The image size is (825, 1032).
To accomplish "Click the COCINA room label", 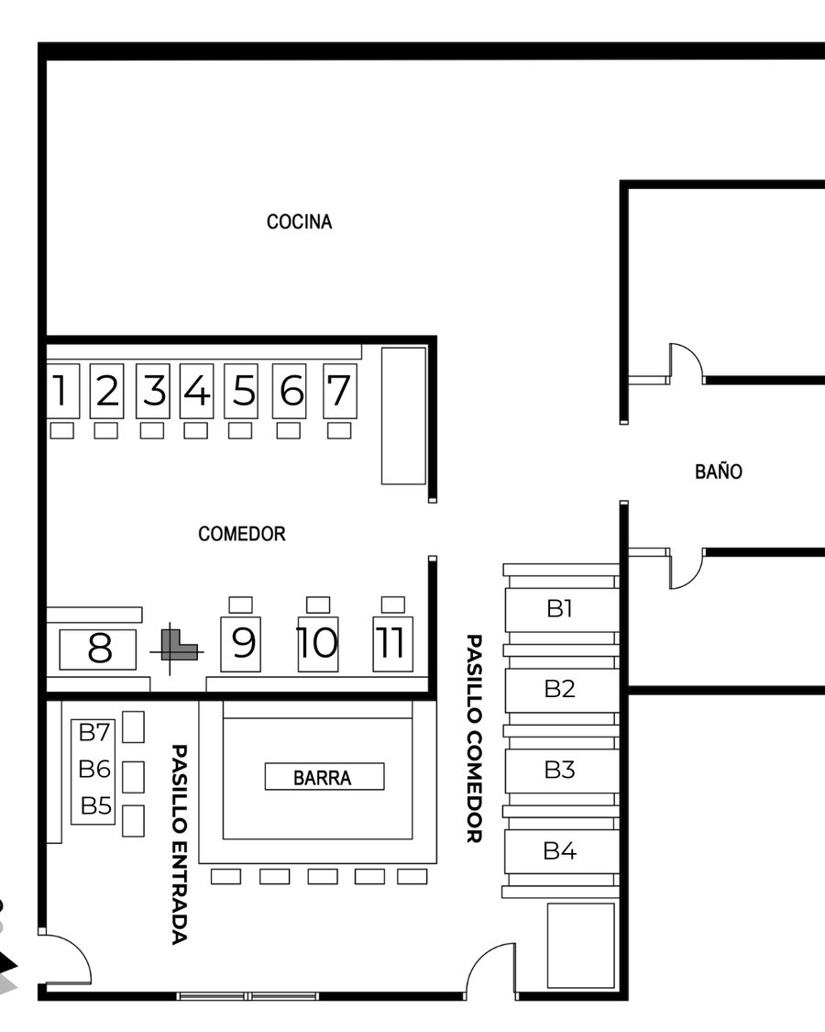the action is (300, 222).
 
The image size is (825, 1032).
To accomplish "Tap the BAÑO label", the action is (719, 472).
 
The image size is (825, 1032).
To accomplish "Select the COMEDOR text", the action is (241, 533).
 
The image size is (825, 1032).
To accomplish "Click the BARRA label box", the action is (324, 777).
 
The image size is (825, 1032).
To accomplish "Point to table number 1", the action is (62, 391).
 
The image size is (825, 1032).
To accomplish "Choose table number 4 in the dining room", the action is (197, 391).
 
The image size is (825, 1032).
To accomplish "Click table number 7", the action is (339, 391).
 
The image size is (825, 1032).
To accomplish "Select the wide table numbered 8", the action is (98, 649).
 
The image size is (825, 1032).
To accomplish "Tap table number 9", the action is (241, 644).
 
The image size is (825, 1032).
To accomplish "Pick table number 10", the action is (318, 644).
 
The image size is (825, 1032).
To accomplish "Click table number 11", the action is (392, 644).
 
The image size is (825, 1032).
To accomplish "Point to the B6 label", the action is (94, 769).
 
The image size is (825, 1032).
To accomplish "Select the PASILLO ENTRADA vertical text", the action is (180, 845).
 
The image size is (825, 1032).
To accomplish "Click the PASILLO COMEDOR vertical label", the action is (474, 738).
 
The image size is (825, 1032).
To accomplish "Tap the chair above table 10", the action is (318, 605).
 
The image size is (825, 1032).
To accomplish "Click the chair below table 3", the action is (152, 430).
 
